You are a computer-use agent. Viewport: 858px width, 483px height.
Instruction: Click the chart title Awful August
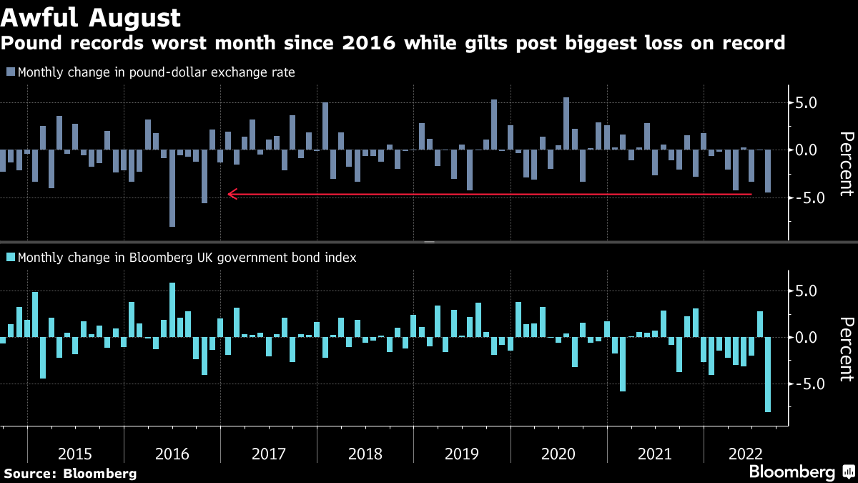pyautogui.click(x=90, y=16)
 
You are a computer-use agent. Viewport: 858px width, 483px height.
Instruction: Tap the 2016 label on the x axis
pyautogui.click(x=172, y=454)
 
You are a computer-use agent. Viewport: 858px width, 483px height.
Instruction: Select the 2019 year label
pyautogui.click(x=461, y=454)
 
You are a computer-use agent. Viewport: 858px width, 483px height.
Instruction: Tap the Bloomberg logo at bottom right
pyautogui.click(x=792, y=472)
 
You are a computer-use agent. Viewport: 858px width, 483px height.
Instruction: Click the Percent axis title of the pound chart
pyautogui.click(x=846, y=164)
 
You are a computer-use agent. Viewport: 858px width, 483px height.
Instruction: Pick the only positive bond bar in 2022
pyautogui.click(x=760, y=324)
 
